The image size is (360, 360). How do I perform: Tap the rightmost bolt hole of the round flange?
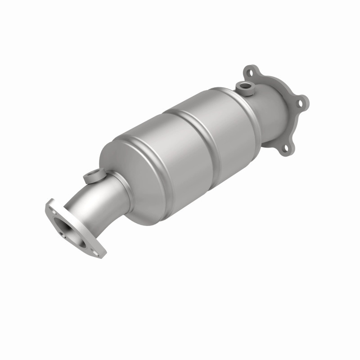point(300,103)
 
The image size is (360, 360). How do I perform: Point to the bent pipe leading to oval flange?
point(101,202)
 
